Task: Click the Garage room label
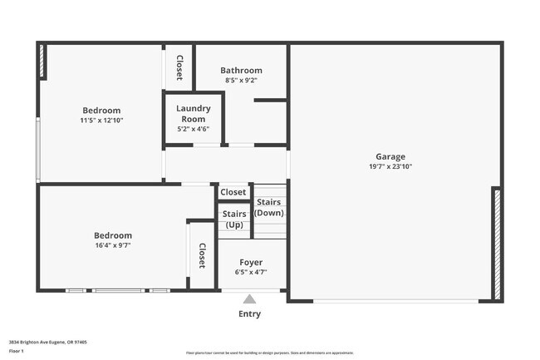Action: [390, 156]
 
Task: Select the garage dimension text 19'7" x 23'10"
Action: [390, 166]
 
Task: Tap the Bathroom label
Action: [241, 71]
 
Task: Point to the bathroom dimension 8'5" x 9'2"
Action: [241, 81]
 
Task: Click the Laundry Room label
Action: [194, 114]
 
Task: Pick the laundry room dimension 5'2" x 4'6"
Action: [194, 129]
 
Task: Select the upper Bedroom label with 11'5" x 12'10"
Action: [101, 111]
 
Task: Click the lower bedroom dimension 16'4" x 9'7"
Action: [112, 245]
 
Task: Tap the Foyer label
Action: [251, 263]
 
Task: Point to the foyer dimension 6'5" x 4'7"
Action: [251, 272]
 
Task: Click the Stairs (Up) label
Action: [234, 219]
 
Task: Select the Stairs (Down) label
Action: [268, 207]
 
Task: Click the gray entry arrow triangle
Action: [249, 299]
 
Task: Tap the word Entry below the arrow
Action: [249, 314]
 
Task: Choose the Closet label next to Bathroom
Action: [179, 67]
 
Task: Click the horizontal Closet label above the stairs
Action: [233, 192]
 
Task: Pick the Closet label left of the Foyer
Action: [202, 257]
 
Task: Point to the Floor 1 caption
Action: [17, 351]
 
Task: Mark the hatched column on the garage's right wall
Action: [497, 244]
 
